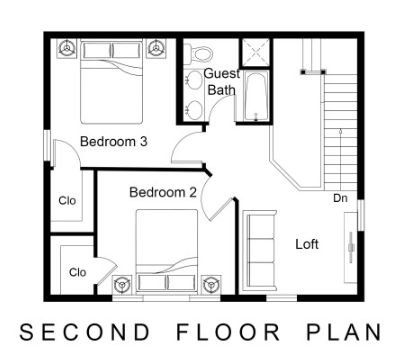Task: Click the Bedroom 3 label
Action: click(x=114, y=141)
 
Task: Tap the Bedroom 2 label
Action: click(x=162, y=191)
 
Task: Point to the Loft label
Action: click(x=307, y=243)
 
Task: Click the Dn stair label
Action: click(x=341, y=198)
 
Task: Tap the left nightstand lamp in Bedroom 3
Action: click(x=68, y=47)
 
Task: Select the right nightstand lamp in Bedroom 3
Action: click(x=155, y=47)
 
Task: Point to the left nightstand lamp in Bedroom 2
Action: click(x=122, y=283)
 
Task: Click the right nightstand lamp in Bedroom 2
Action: click(x=210, y=283)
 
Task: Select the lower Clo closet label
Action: click(x=77, y=271)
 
